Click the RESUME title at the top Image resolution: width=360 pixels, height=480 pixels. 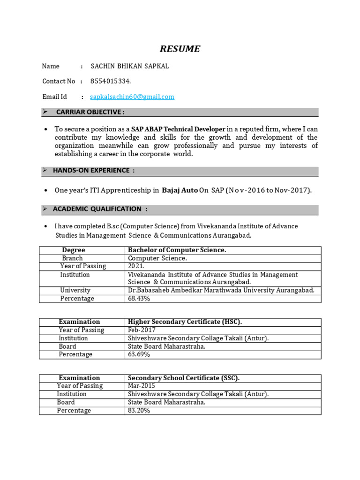(x=180, y=49)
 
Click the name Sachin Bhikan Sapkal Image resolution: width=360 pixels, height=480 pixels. (x=129, y=66)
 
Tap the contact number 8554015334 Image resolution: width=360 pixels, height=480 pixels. (x=111, y=81)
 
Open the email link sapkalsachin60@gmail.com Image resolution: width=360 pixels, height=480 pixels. (x=132, y=97)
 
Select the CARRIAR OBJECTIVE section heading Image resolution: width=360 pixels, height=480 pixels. (x=90, y=112)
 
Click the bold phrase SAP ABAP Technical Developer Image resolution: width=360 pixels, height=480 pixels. (x=178, y=129)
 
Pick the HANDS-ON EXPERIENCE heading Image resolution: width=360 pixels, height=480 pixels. (x=94, y=170)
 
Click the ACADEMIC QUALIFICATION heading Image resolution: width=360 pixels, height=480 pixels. (x=100, y=209)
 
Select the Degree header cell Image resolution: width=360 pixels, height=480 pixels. (x=74, y=250)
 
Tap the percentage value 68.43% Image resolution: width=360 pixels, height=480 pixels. (x=139, y=299)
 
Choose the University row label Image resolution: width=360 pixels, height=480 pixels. (x=75, y=290)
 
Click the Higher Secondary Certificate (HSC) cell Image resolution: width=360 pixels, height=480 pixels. (x=185, y=322)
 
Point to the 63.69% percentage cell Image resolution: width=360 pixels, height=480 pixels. (x=139, y=354)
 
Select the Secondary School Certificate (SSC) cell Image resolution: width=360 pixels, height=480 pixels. (x=184, y=378)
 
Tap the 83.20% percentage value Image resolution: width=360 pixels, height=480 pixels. (x=139, y=411)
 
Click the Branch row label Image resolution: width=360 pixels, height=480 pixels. (x=72, y=258)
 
